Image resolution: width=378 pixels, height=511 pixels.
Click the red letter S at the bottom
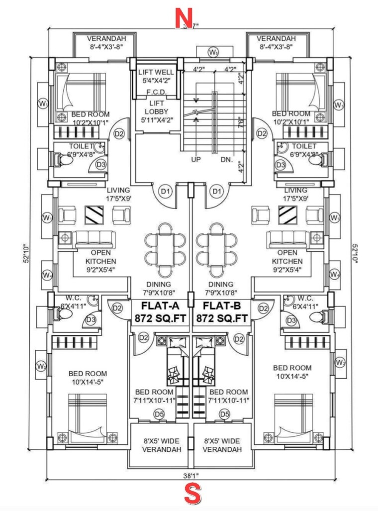192,495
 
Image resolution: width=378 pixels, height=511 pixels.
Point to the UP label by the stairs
196,160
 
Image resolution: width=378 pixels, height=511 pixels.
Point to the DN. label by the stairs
226,160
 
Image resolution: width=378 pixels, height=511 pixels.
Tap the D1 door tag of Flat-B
216,190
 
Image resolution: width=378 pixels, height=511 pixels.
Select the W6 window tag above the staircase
213,52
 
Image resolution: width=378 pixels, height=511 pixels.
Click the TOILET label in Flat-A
80,146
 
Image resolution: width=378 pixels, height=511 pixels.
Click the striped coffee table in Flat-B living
287,215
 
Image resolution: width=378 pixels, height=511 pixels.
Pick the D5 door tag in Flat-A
159,414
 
